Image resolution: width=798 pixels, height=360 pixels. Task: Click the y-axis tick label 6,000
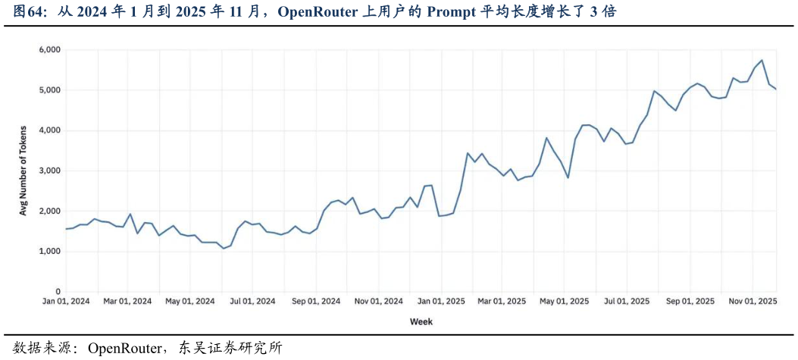pyautogui.click(x=49, y=50)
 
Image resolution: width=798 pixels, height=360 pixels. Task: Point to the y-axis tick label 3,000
pyautogui.click(x=49, y=171)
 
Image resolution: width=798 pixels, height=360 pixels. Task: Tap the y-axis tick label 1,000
pyautogui.click(x=49, y=251)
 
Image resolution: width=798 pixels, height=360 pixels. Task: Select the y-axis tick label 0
pyautogui.click(x=58, y=292)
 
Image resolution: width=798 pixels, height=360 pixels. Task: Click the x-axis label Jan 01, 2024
pyautogui.click(x=66, y=301)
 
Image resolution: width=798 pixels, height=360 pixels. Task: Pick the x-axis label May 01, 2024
pyautogui.click(x=190, y=301)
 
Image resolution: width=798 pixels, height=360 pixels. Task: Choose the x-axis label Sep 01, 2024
pyautogui.click(x=316, y=301)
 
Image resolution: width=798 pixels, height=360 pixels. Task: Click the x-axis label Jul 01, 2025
pyautogui.click(x=626, y=301)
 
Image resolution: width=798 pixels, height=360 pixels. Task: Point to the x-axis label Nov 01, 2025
pyautogui.click(x=752, y=301)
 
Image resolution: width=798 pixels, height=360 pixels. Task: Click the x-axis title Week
pyautogui.click(x=421, y=321)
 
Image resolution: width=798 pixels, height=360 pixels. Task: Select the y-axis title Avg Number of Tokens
pyautogui.click(x=23, y=171)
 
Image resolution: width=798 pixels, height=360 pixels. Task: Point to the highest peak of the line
pyautogui.click(x=762, y=61)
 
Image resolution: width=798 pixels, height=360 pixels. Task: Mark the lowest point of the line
pyautogui.click(x=224, y=248)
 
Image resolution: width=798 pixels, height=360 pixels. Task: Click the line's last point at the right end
pyautogui.click(x=776, y=89)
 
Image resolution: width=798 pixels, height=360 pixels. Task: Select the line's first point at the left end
pyautogui.click(x=66, y=229)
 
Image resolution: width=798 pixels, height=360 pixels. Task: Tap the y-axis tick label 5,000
pyautogui.click(x=49, y=90)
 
